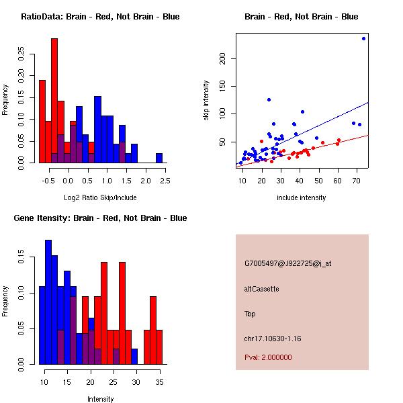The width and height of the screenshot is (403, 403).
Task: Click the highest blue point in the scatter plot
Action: pos(363,38)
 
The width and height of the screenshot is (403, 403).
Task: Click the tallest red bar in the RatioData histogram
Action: pos(54,101)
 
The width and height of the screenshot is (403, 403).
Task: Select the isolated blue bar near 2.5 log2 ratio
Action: pos(159,158)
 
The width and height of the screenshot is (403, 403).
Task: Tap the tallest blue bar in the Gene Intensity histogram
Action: pos(48,302)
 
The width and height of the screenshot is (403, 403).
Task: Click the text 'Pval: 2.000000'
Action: pos(268,357)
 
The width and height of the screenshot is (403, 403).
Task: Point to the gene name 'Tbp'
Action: pos(250,314)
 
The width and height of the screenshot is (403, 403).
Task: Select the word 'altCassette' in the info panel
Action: pos(261,289)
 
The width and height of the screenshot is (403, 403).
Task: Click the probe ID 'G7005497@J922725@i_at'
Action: pos(288,264)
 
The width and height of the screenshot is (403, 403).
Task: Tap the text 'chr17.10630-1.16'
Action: pos(273,339)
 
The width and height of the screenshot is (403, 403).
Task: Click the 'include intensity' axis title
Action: pos(301,197)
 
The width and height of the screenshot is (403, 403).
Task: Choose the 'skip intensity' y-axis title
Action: pos(206,100)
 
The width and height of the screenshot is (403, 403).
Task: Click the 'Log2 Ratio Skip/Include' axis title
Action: pos(100,197)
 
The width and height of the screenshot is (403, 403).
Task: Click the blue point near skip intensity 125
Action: pos(269,99)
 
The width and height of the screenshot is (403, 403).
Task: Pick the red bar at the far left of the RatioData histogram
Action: pos(42,122)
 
